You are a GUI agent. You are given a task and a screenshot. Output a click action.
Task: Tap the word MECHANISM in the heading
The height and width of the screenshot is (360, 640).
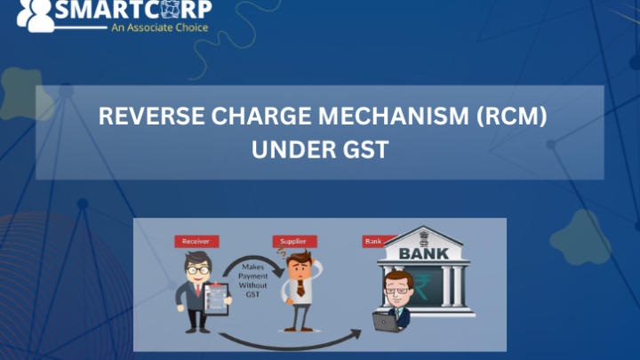click(394, 116)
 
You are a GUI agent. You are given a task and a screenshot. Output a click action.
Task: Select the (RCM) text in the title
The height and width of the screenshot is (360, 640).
click(511, 116)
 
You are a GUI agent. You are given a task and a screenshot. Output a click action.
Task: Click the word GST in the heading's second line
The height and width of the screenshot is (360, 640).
click(365, 149)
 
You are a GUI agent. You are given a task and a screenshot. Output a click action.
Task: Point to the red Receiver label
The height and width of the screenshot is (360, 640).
click(196, 241)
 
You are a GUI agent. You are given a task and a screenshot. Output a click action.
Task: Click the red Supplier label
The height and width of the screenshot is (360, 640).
click(294, 241)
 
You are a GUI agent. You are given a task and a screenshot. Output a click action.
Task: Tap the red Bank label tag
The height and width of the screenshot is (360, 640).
click(374, 241)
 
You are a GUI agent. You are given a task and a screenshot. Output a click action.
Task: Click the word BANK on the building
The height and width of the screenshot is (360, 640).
click(424, 253)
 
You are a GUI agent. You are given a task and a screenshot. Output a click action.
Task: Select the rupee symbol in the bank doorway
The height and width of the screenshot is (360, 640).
click(422, 287)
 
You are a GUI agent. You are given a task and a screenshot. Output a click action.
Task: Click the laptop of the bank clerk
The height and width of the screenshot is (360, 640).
click(385, 322)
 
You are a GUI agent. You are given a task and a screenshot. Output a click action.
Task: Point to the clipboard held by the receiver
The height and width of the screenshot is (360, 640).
click(216, 299)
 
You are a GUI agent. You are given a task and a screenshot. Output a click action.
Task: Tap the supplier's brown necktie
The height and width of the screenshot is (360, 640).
click(300, 287)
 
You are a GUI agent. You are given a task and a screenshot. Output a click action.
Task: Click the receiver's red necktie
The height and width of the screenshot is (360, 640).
click(198, 290)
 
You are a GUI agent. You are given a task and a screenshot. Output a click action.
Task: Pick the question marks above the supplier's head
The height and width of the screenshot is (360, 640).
click(282, 252)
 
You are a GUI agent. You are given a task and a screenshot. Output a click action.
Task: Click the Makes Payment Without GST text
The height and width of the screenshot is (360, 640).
click(252, 280)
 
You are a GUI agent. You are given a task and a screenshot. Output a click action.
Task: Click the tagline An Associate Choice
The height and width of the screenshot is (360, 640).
click(160, 28)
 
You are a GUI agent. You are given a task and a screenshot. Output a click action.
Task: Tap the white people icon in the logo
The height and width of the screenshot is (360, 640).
click(36, 15)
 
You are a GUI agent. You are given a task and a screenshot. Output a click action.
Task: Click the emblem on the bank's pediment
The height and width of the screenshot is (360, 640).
click(424, 236)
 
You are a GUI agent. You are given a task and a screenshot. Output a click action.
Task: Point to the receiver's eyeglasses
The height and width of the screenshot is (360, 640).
click(198, 270)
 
